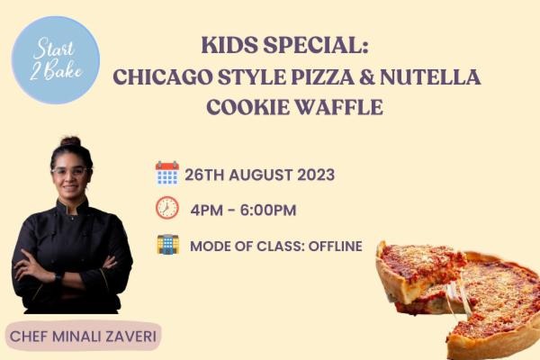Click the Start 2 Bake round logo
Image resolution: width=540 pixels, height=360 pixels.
[x=56, y=59]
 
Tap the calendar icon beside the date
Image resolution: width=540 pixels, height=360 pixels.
[x=166, y=173]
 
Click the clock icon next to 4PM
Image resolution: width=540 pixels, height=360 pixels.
[x=166, y=208]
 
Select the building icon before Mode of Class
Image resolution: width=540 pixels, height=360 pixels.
[x=167, y=244]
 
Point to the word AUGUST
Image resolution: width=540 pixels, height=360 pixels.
[x=259, y=174]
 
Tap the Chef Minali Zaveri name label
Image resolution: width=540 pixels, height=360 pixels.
[x=84, y=337]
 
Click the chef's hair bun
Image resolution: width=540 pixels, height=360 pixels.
[x=70, y=141]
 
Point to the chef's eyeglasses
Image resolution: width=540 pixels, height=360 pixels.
[x=71, y=172]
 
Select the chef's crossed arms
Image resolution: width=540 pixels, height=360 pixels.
[x=71, y=267]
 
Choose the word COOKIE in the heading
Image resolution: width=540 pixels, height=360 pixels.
[x=250, y=106]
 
